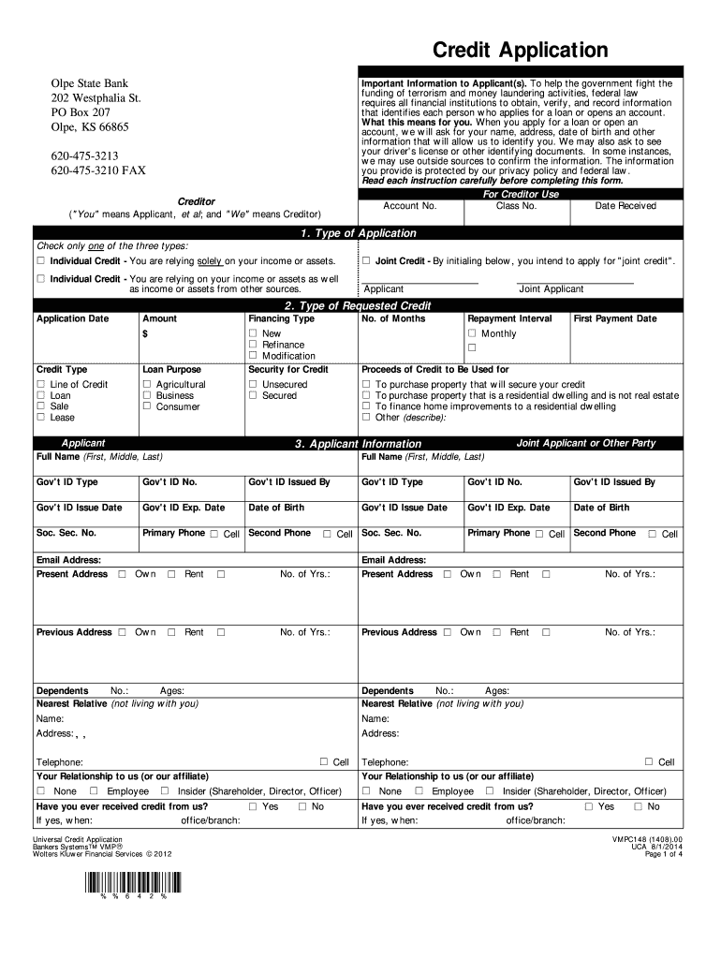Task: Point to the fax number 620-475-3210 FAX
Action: tap(98, 170)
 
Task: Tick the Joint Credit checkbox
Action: tap(367, 260)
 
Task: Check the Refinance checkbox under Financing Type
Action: tap(253, 345)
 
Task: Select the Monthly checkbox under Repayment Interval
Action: tap(472, 333)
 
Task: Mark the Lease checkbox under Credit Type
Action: tap(40, 418)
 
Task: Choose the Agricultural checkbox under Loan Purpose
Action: tap(147, 384)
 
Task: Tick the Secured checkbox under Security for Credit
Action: tap(253, 395)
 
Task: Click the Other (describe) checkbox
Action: tap(367, 418)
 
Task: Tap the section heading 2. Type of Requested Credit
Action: tap(358, 306)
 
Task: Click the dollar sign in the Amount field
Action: tap(145, 333)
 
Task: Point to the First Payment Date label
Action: tap(615, 318)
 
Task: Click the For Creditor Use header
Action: tap(521, 194)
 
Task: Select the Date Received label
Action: tap(625, 206)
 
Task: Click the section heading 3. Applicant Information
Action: tap(358, 444)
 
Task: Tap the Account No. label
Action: tap(410, 206)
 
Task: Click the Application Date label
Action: tap(72, 318)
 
